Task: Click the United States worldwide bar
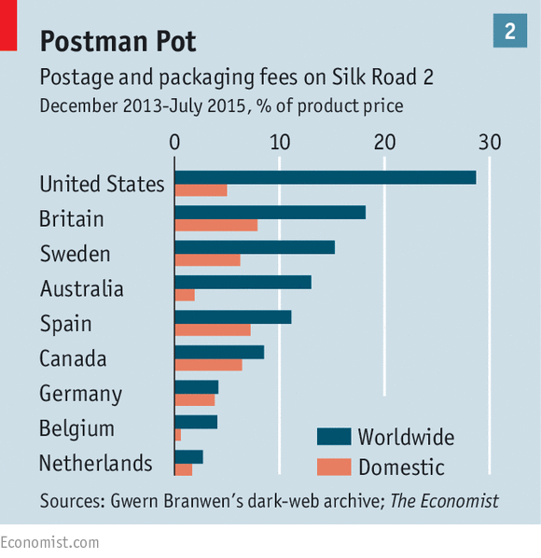tap(326, 177)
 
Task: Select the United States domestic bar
tap(201, 190)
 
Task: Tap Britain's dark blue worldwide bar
tap(270, 212)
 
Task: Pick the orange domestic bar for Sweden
tap(208, 259)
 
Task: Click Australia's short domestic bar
tap(185, 295)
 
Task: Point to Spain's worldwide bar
tap(233, 316)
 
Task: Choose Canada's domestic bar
tap(208, 365)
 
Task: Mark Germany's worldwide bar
tap(197, 387)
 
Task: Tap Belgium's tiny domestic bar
tap(178, 435)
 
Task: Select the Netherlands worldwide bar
tap(188, 456)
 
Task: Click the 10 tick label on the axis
tap(280, 143)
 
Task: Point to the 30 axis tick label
tap(490, 143)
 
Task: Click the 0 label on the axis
tap(174, 143)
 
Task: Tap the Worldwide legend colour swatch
tap(334, 437)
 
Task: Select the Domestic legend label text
tap(402, 467)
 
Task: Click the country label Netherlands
tap(96, 463)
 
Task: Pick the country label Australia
tap(82, 288)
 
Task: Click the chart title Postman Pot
tap(118, 41)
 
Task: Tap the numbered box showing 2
tap(510, 31)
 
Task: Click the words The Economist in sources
tap(444, 501)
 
